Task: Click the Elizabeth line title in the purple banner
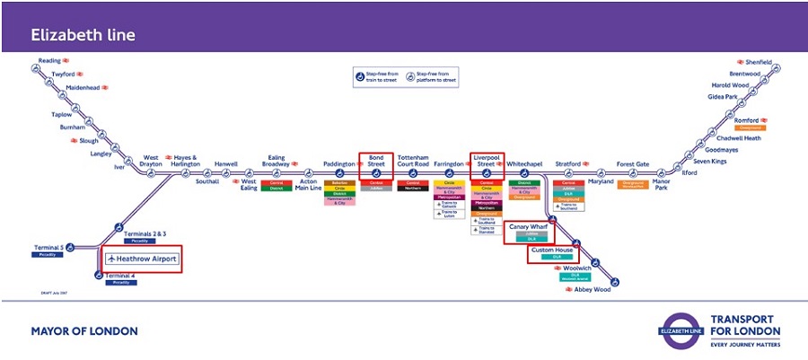[83, 35]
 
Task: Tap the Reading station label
[48, 61]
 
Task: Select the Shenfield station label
[757, 63]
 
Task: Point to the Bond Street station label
[375, 160]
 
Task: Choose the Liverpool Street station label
[486, 160]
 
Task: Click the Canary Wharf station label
[530, 227]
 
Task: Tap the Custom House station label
[551, 250]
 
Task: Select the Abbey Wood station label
[592, 289]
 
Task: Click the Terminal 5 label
[48, 247]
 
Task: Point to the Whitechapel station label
[524, 164]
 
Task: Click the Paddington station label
[339, 164]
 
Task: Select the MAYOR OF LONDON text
[84, 331]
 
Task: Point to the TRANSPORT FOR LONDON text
[744, 325]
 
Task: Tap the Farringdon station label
[449, 164]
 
